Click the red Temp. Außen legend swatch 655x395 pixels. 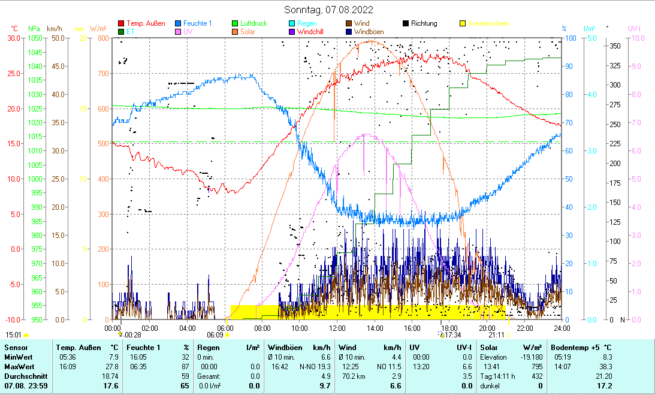[x=121, y=24]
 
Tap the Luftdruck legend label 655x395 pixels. [x=254, y=23]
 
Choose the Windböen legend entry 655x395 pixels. [x=372, y=32]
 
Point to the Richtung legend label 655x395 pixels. [x=424, y=23]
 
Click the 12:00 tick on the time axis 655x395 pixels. [x=337, y=328]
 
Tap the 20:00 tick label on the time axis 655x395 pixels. [x=487, y=328]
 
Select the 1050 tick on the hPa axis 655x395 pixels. [x=35, y=38]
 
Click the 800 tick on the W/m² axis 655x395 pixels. [x=104, y=38]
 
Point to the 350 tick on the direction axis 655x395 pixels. [x=614, y=46]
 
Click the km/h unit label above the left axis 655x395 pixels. [x=54, y=28]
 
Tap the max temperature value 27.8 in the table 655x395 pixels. [x=111, y=366]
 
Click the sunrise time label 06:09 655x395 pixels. [x=215, y=335]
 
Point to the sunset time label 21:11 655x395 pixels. [x=496, y=335]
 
